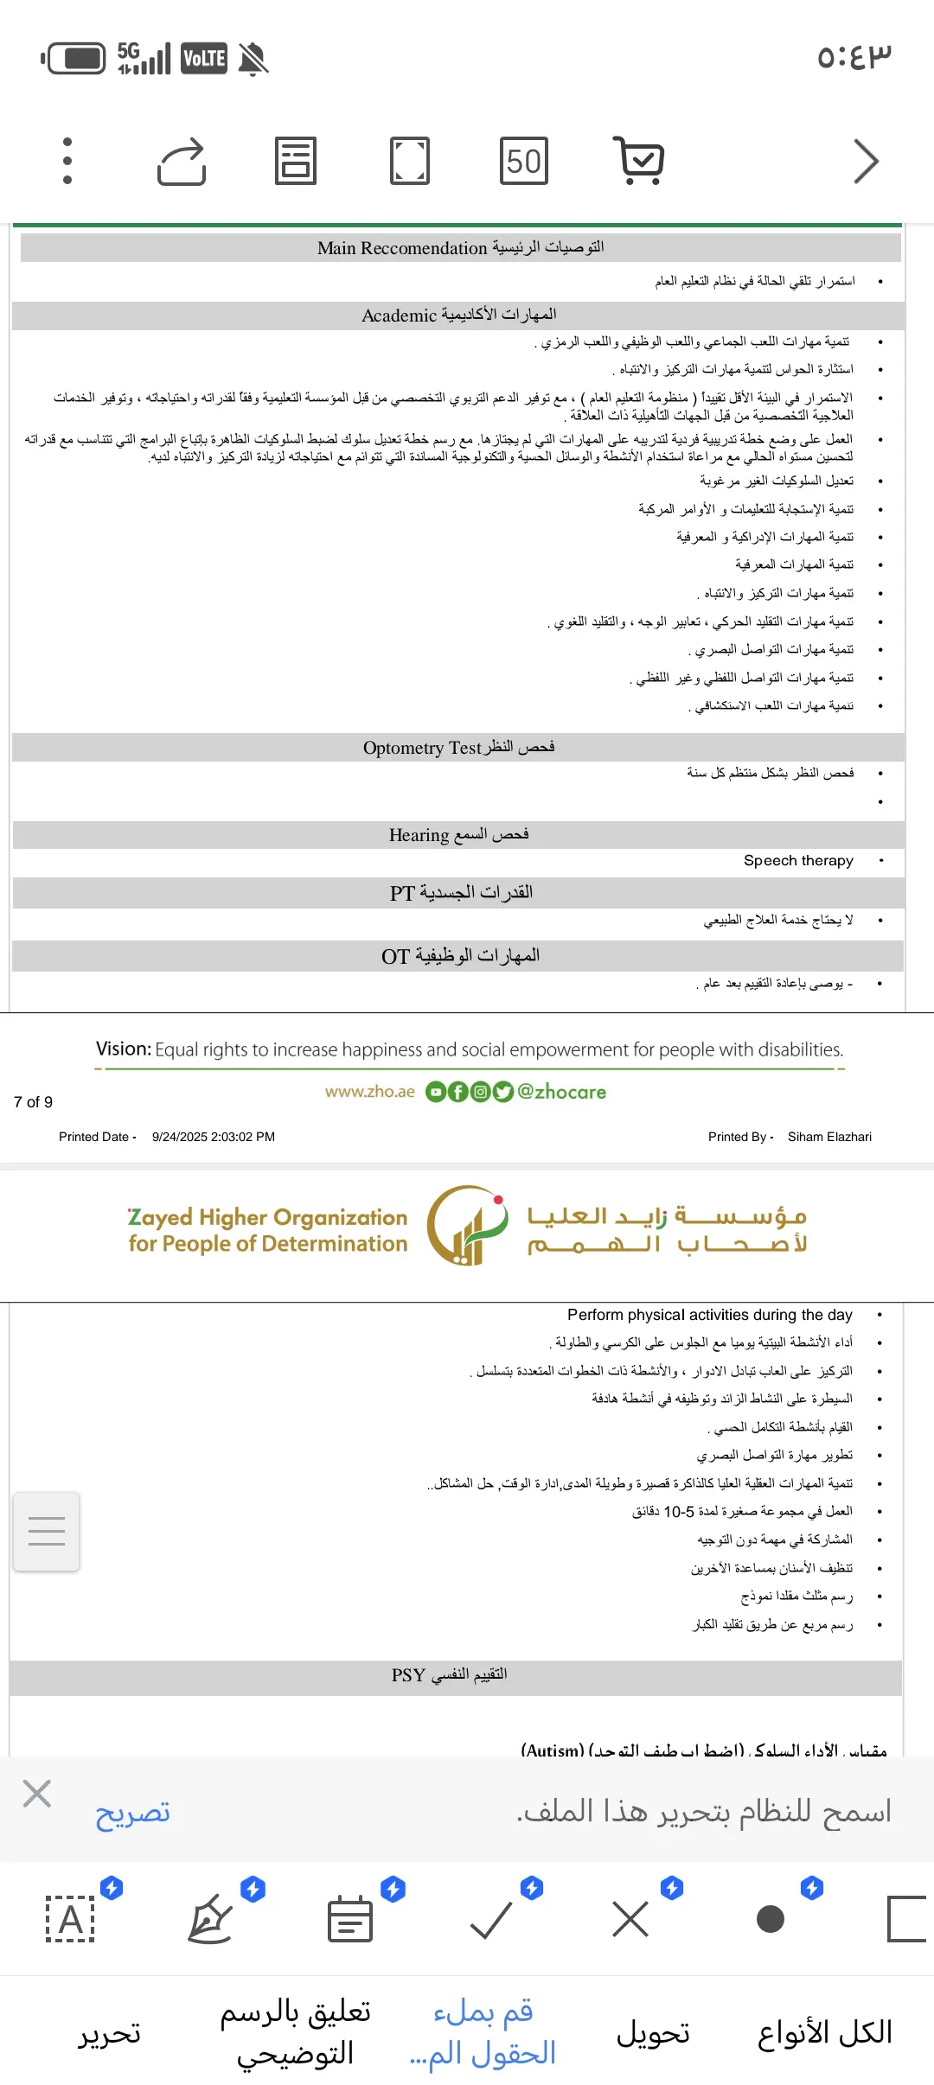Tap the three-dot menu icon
67,161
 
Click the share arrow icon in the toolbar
182,161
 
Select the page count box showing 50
524,161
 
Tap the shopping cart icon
639,161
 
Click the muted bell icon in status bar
253,60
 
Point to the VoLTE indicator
204,59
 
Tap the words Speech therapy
798,861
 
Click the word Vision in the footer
123,1049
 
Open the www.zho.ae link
370,1092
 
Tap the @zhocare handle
561,1092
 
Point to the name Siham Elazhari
829,1137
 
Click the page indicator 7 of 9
34,1102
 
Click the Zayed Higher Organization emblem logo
467,1226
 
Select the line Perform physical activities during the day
709,1315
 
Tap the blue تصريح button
132,1813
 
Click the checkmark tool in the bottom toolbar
491,1920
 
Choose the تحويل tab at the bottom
653,2033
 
